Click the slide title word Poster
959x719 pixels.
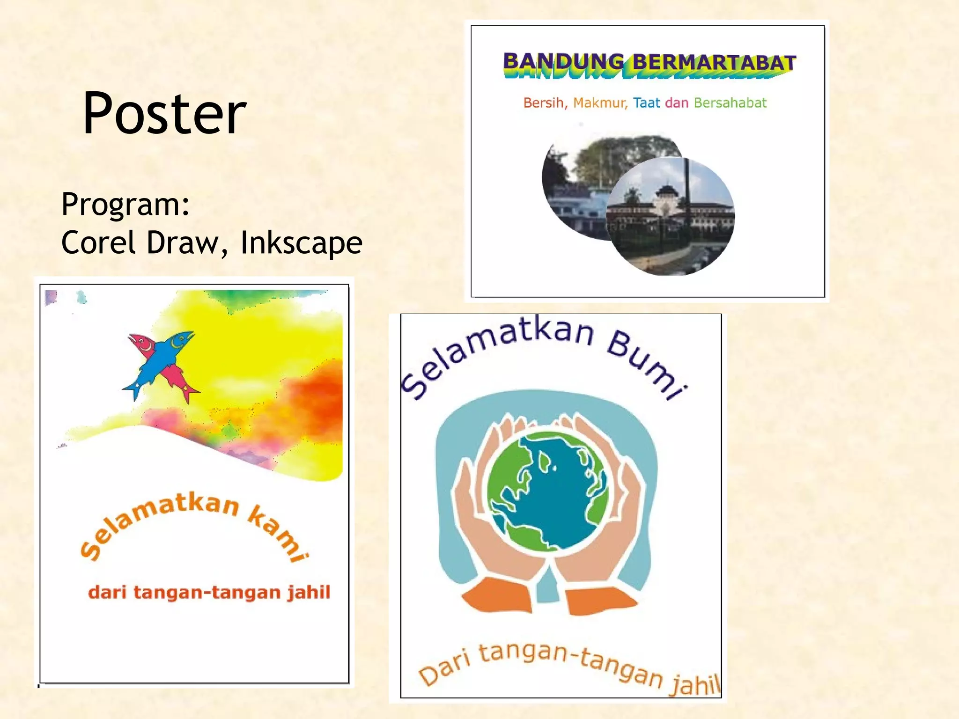click(x=164, y=114)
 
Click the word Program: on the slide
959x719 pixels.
click(x=125, y=205)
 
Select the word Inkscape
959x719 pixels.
click(x=301, y=242)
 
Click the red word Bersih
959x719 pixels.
click(x=545, y=103)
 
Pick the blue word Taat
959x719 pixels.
click(x=646, y=103)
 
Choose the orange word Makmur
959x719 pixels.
click(x=600, y=103)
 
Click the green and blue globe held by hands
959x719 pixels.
click(x=547, y=489)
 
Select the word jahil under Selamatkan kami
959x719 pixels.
click(x=309, y=592)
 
